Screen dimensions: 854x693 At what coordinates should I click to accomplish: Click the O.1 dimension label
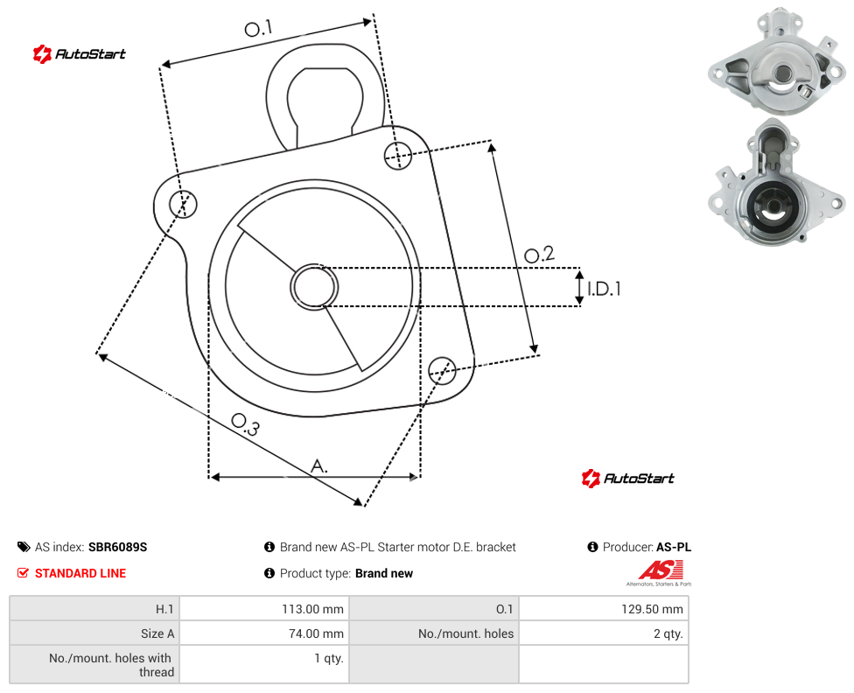(258, 28)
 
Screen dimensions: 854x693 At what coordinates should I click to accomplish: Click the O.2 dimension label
(539, 255)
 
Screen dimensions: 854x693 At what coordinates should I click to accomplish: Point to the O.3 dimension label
(245, 424)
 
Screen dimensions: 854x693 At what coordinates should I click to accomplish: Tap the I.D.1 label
(604, 288)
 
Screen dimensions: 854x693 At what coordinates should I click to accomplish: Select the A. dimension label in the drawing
(319, 465)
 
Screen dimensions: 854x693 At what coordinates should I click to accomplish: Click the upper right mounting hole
(398, 155)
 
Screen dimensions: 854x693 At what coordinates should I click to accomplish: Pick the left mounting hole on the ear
(183, 204)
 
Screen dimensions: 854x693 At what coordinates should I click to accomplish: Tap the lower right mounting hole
(442, 371)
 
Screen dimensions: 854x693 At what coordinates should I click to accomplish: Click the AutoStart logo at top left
(80, 54)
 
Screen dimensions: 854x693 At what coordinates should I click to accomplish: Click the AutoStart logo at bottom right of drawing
(628, 479)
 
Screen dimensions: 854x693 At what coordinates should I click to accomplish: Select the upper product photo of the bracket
(777, 61)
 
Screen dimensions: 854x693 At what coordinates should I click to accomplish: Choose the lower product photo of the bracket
(777, 183)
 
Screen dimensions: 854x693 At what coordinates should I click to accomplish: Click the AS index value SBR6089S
(117, 547)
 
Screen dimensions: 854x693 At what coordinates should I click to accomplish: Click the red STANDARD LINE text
(80, 573)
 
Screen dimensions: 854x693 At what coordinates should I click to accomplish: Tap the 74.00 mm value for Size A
(317, 633)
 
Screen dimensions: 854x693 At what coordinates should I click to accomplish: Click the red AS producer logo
(660, 571)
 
